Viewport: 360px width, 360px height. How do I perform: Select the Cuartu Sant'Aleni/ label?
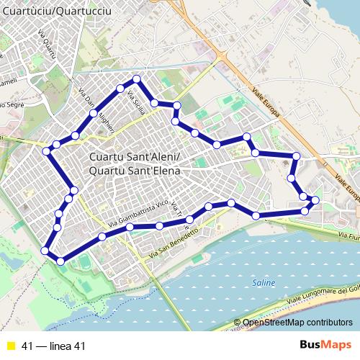click(x=135, y=158)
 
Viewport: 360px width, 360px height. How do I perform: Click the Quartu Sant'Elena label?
click(x=135, y=171)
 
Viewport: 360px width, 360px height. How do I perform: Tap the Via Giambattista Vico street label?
click(x=138, y=213)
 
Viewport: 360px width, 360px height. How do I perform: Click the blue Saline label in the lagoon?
click(x=264, y=284)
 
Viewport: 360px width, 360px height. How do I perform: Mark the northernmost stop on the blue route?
click(x=137, y=78)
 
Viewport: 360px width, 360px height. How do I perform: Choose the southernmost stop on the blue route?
click(x=60, y=261)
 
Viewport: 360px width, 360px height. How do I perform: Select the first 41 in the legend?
click(x=28, y=346)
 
